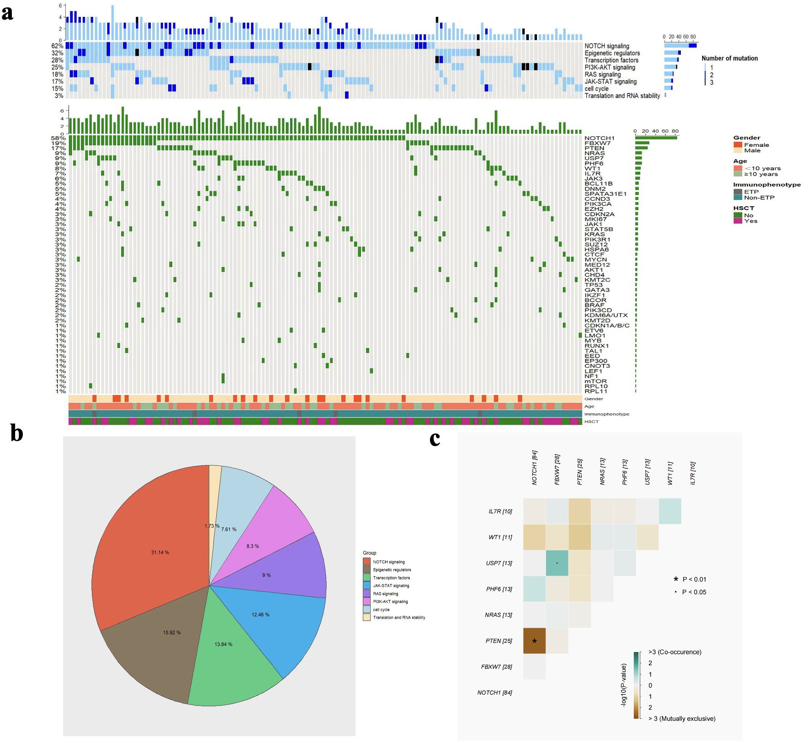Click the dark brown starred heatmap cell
534,641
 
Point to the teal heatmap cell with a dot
557,563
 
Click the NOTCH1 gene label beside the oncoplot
599,138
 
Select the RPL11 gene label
596,391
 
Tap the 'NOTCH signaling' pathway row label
606,46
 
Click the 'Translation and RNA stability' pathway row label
622,96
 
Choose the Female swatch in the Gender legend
738,144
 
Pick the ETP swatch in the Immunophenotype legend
738,192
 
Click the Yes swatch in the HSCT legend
738,221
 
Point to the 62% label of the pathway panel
57,46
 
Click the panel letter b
16,433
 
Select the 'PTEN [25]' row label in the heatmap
499,641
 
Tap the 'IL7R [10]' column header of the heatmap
693,473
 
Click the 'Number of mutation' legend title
729,58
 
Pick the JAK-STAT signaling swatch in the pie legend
366,585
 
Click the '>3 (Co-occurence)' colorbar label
674,652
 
